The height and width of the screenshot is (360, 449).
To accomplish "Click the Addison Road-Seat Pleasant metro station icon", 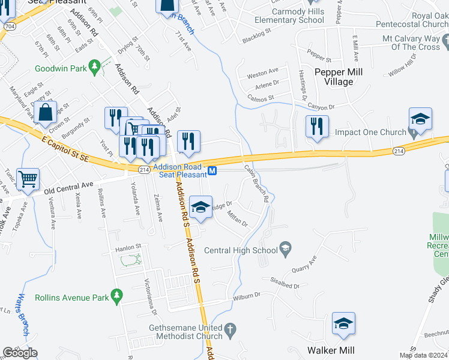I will tap(212, 172).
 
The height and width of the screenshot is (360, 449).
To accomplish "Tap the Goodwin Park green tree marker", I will tap(94, 65).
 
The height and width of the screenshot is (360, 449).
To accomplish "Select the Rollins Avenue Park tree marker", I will tap(117, 296).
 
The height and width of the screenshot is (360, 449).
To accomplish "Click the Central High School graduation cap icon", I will tap(286, 250).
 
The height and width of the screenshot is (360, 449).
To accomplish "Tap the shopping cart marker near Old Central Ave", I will tap(28, 178).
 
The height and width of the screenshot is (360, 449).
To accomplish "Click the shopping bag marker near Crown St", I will tap(46, 112).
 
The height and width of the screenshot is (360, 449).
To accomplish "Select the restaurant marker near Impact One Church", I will tap(316, 126).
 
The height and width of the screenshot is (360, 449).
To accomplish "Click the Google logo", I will tap(20, 353).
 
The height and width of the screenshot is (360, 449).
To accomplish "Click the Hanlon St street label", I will tap(128, 246).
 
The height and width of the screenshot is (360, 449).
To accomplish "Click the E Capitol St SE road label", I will tap(66, 148).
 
